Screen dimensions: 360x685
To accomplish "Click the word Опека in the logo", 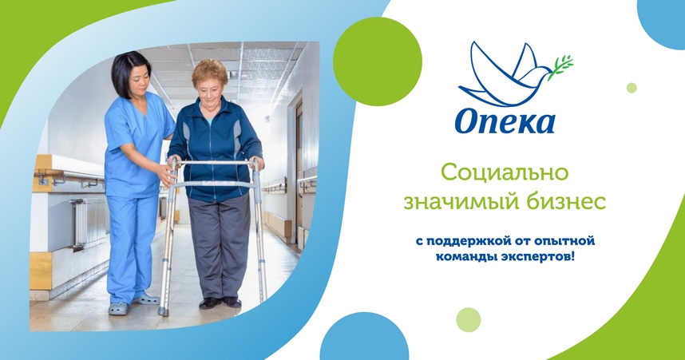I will coord(505,121).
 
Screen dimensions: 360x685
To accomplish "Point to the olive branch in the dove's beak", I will coord(562,65).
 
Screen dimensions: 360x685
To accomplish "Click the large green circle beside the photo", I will coord(377,61).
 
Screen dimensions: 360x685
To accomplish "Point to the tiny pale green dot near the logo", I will coord(632,88).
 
